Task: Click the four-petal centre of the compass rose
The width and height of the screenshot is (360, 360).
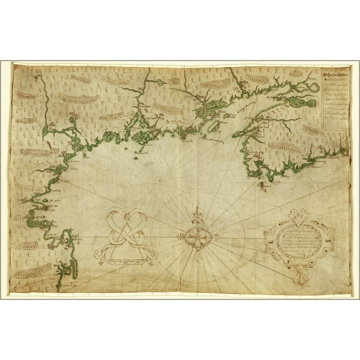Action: [196, 237]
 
